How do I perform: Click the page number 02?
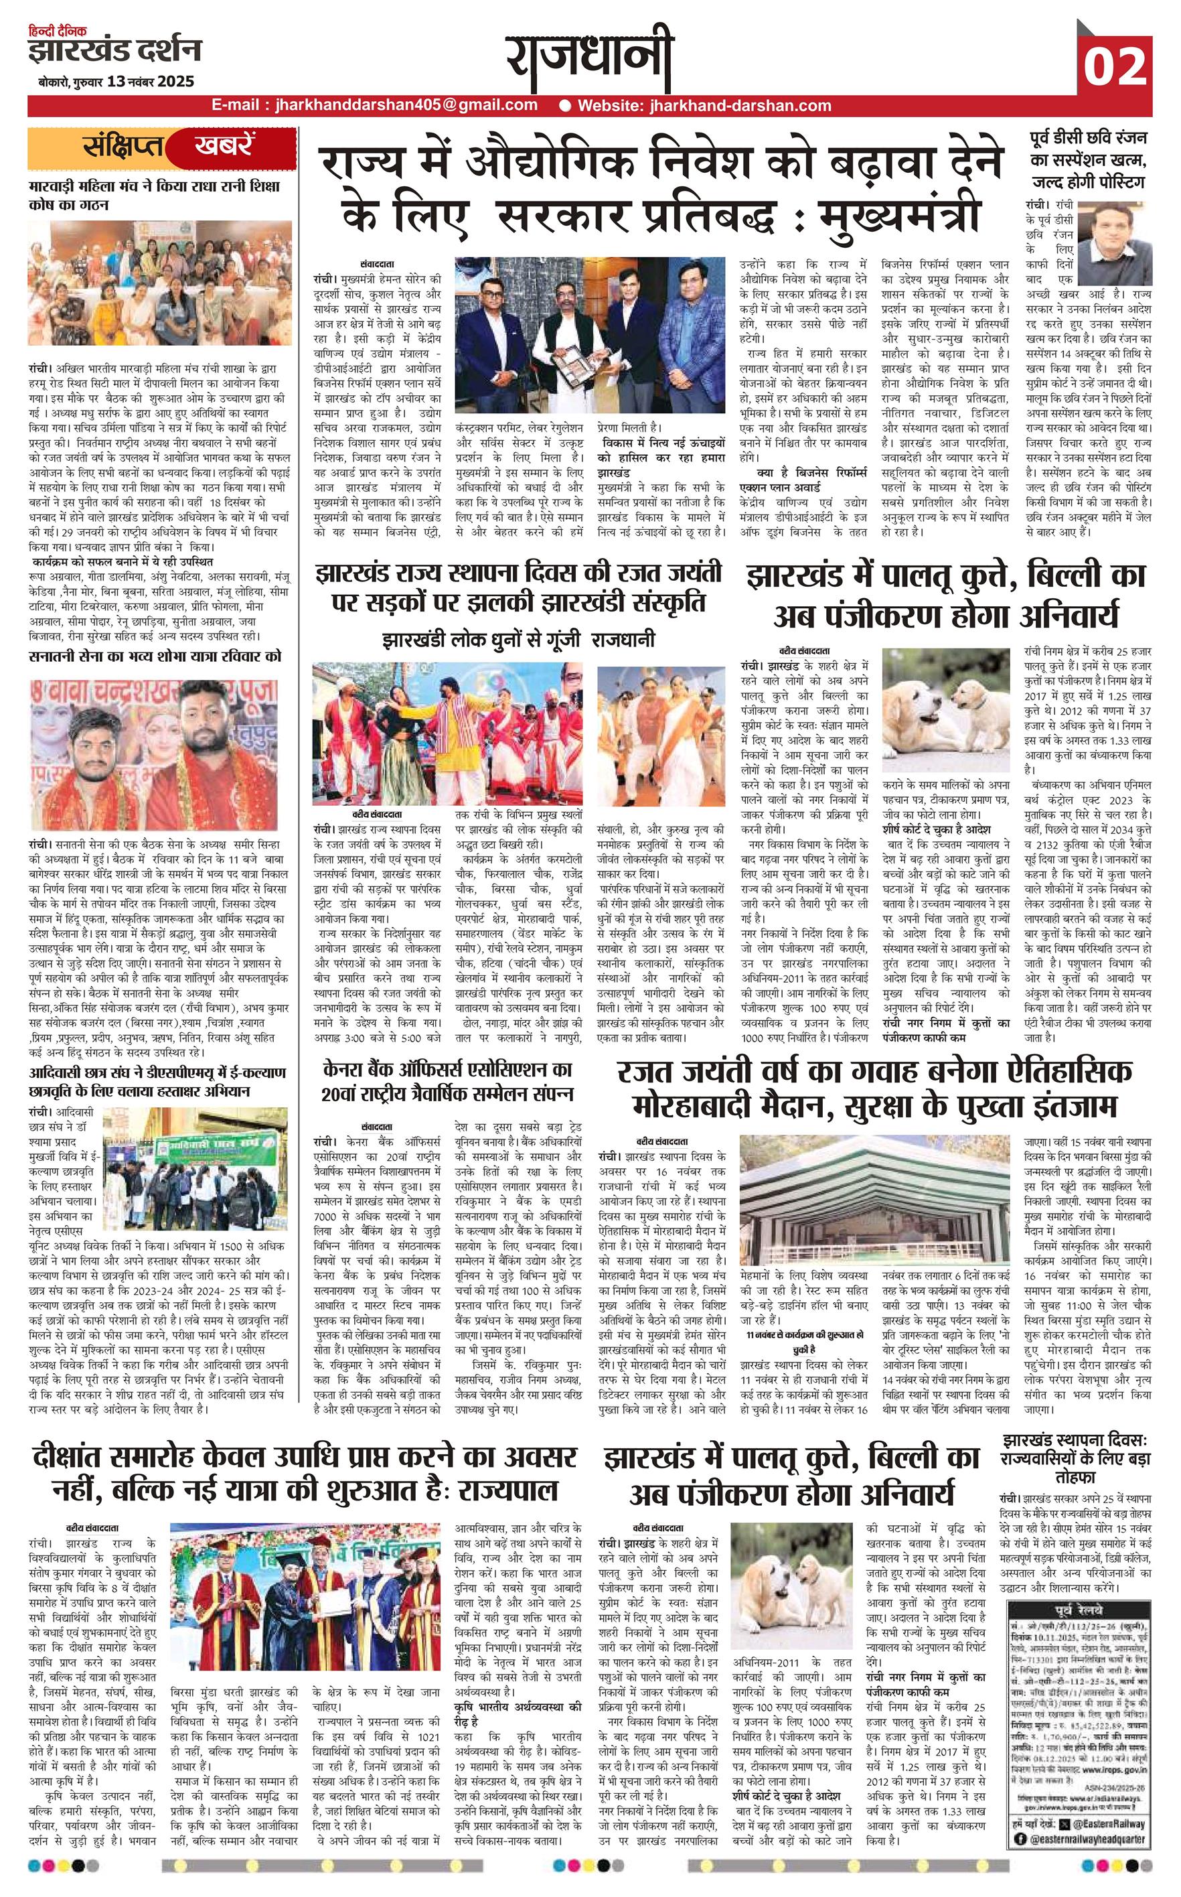(1115, 66)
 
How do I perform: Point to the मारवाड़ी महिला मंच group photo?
(160, 285)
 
